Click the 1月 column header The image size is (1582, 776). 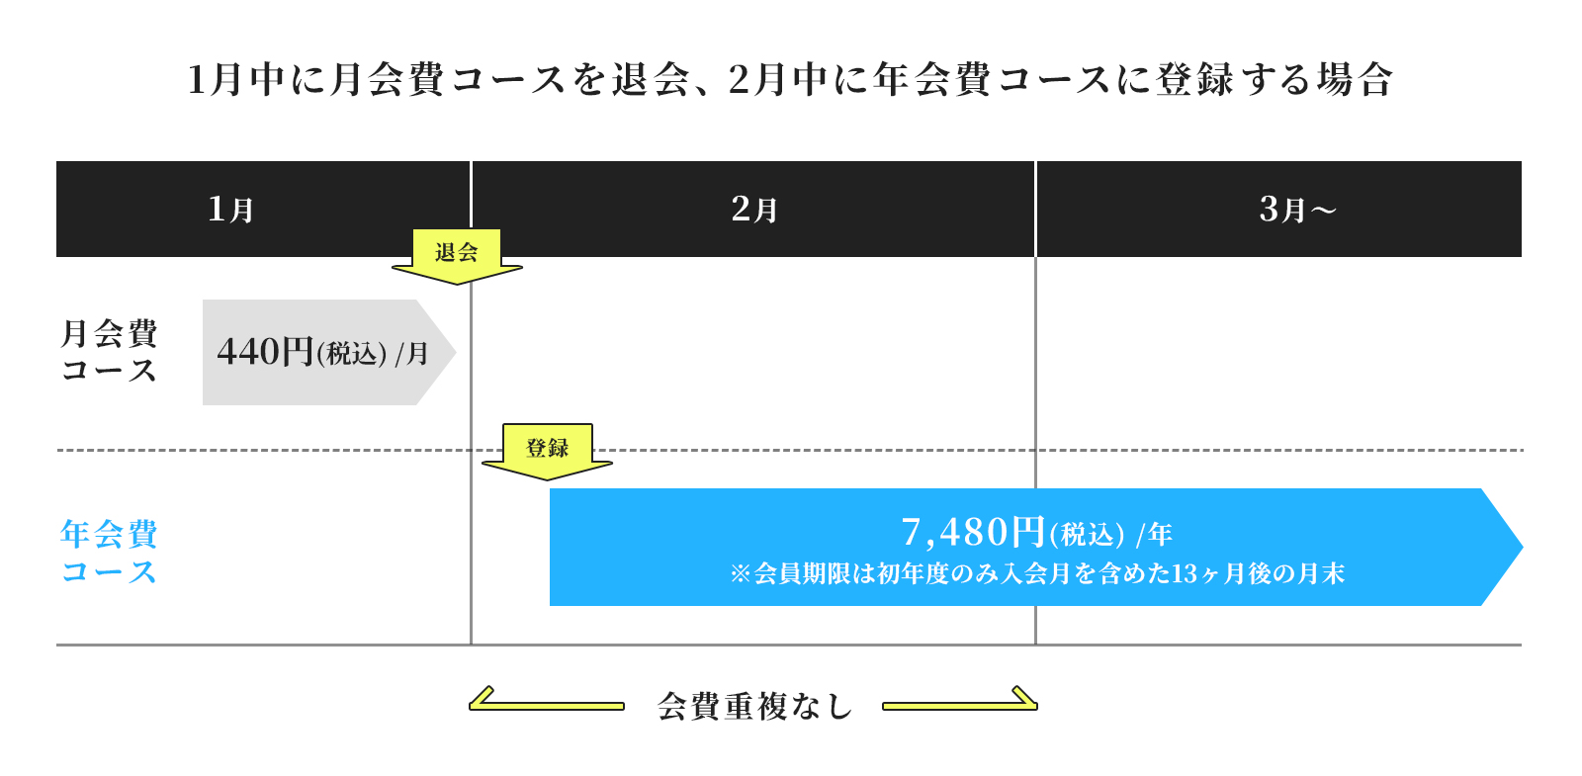pos(230,210)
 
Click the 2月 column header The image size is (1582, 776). pos(753,210)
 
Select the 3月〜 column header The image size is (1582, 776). pos(1297,210)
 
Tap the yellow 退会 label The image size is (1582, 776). pos(457,252)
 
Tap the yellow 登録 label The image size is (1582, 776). pos(547,448)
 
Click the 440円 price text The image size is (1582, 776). pos(265,352)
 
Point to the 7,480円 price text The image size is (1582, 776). pos(973,533)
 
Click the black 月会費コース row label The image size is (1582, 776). pos(109,351)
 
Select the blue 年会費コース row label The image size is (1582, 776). pos(109,552)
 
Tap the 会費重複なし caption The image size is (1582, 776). pos(753,706)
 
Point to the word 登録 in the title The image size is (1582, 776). pos(1194,79)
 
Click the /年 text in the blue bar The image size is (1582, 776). pos(1154,535)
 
